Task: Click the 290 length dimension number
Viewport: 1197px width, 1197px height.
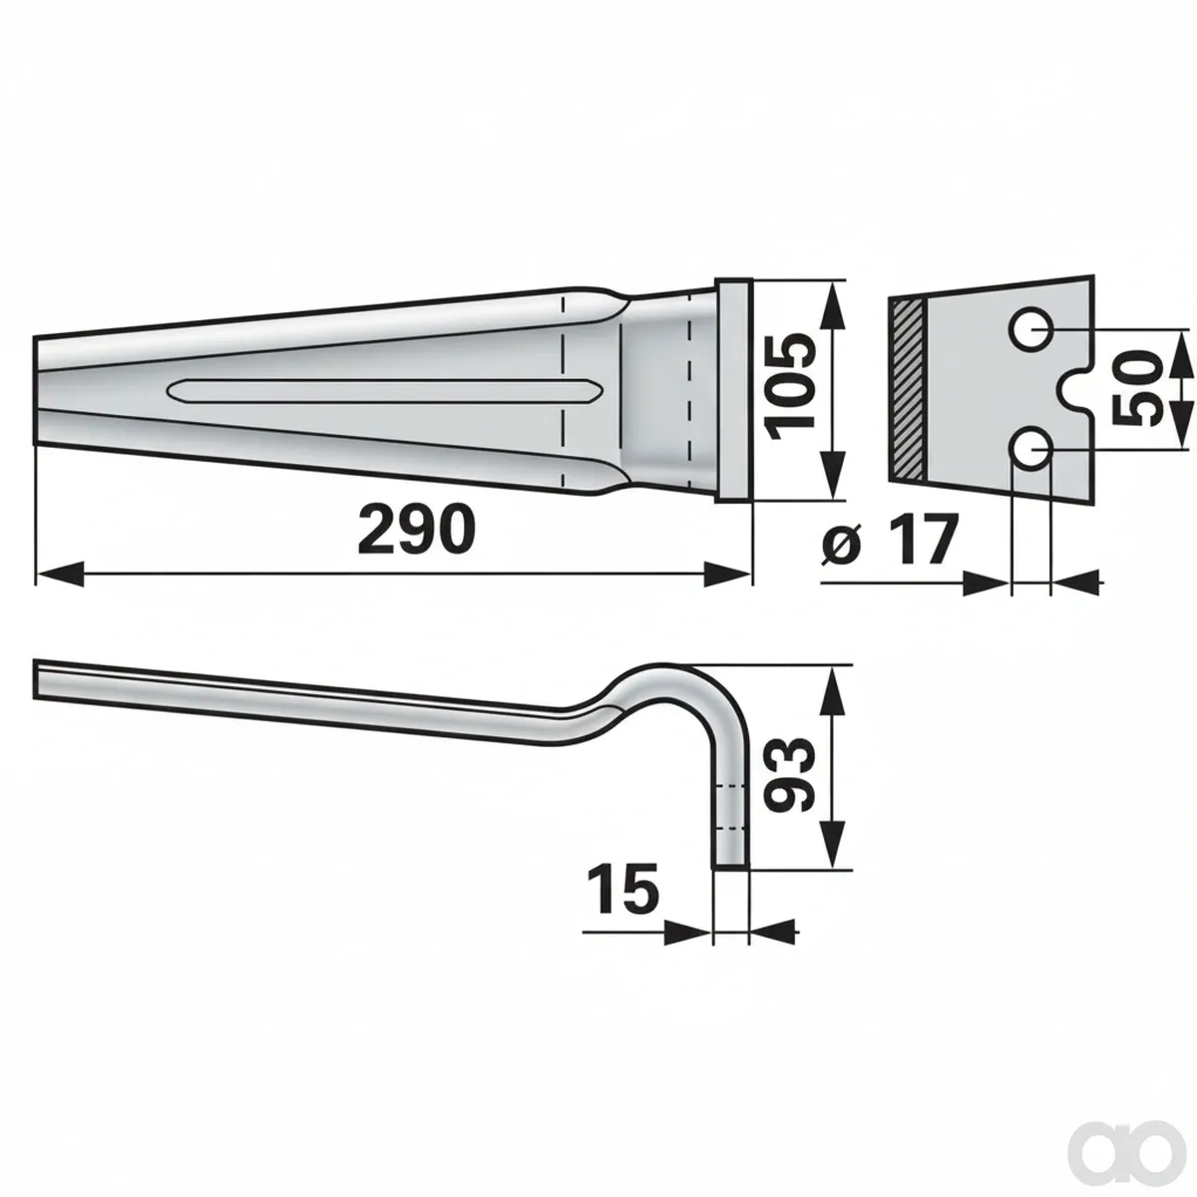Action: point(417,530)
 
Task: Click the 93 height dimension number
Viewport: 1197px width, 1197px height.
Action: point(788,775)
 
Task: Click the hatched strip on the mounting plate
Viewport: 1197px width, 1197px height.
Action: point(908,391)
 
